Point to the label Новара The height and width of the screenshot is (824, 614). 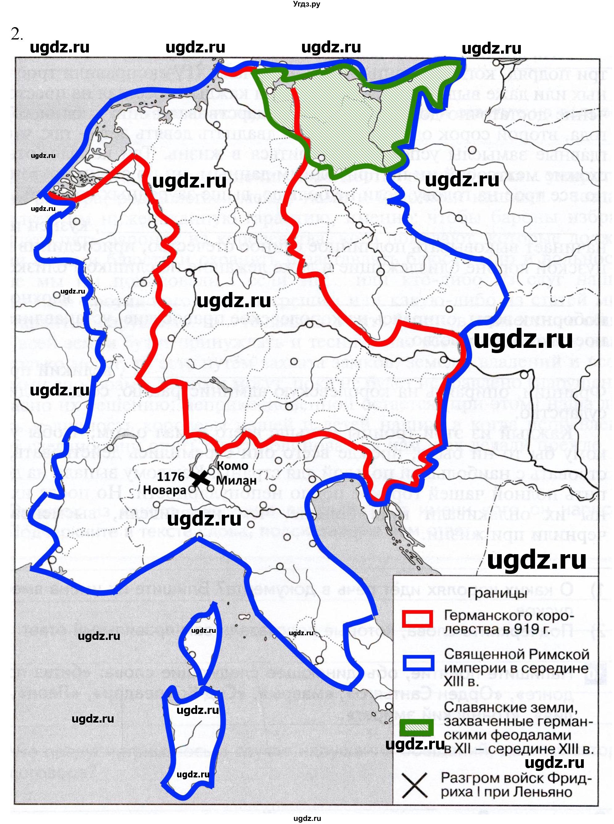tap(164, 490)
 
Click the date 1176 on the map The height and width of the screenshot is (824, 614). tap(171, 477)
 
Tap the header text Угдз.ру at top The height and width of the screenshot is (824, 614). tap(307, 4)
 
